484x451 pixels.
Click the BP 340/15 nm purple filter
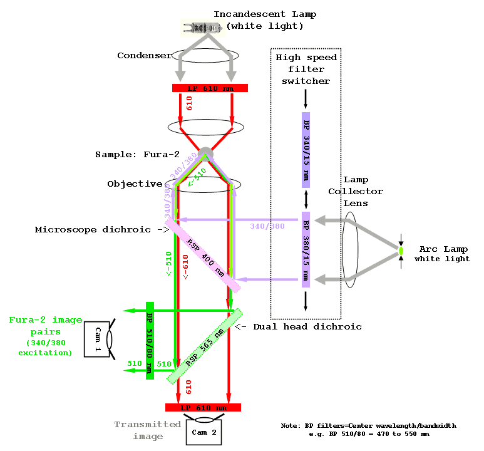click(306, 150)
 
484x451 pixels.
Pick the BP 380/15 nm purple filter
click(306, 249)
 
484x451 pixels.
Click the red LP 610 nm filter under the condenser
click(210, 88)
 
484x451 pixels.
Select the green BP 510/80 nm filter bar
click(150, 340)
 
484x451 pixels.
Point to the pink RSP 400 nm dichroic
click(203, 255)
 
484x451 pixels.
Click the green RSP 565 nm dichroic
click(204, 346)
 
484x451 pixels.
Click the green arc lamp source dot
click(401, 251)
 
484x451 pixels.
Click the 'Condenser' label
click(144, 56)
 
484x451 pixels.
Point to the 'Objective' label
click(135, 184)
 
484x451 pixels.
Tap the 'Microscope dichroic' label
click(93, 230)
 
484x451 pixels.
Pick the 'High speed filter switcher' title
click(306, 69)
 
